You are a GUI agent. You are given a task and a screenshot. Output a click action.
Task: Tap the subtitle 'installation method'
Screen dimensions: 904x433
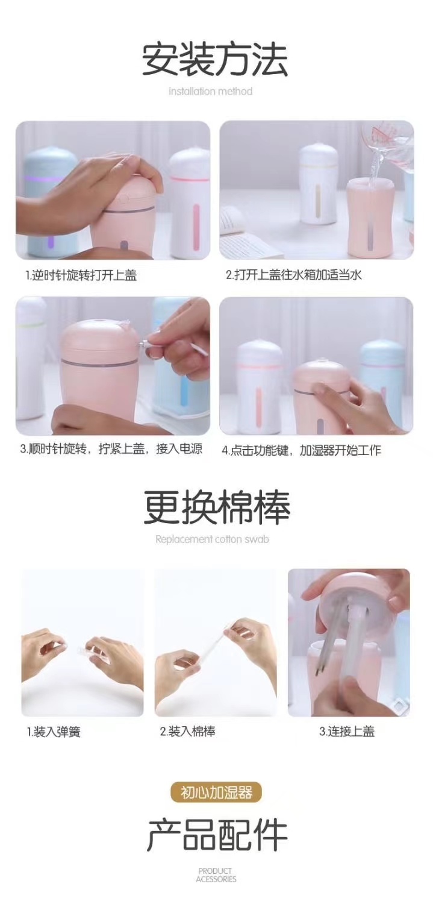click(210, 92)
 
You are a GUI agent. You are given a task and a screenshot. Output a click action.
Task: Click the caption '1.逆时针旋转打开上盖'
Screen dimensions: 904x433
click(81, 275)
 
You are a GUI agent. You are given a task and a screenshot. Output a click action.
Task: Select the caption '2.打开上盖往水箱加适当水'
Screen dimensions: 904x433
click(294, 275)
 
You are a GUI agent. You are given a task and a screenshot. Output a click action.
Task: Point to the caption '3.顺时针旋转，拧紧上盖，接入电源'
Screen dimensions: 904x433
click(111, 449)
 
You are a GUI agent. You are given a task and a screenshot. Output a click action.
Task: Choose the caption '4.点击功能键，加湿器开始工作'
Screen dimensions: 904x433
click(301, 450)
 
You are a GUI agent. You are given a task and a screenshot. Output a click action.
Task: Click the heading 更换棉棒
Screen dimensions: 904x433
click(216, 507)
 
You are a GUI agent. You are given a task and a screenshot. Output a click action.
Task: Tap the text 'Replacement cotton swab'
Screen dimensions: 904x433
click(212, 539)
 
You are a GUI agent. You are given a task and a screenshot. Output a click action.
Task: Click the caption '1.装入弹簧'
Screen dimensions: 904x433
click(54, 732)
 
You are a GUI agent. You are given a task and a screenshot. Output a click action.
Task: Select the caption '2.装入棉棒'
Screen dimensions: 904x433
click(187, 732)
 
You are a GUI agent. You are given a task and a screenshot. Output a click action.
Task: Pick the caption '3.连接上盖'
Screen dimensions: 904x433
click(347, 732)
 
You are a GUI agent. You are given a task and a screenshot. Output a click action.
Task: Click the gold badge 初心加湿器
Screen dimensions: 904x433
click(216, 792)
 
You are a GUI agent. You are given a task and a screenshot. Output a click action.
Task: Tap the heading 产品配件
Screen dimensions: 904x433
click(216, 835)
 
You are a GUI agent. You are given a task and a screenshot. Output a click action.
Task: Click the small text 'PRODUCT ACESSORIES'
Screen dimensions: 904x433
click(216, 875)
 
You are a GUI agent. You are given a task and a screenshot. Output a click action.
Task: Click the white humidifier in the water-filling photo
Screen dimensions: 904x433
click(317, 184)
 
